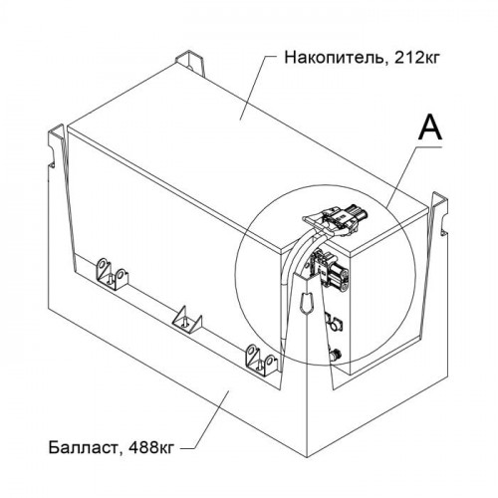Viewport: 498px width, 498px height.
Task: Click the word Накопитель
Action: (x=334, y=58)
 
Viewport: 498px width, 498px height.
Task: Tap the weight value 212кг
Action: (x=416, y=58)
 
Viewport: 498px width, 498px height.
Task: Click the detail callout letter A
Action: (x=430, y=128)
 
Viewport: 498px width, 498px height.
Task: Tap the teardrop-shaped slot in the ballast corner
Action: (x=306, y=303)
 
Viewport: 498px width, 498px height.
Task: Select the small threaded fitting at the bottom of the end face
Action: (x=335, y=354)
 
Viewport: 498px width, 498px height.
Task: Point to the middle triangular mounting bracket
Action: (x=186, y=320)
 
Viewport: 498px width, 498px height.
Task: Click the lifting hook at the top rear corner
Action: (x=189, y=63)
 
